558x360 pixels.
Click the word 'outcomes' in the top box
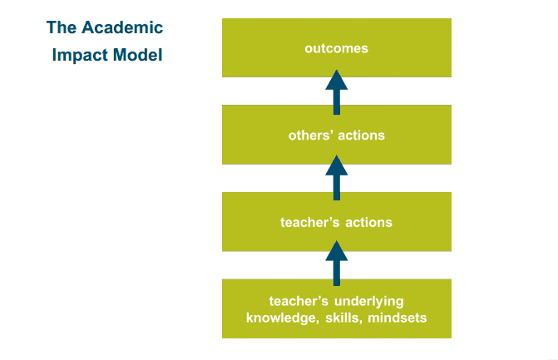(336, 48)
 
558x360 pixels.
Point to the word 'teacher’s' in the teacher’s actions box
(308, 222)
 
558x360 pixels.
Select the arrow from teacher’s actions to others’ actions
(336, 177)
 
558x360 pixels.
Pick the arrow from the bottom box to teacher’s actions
(336, 264)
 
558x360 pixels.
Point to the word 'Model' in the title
(138, 56)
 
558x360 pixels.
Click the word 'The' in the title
(62, 27)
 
